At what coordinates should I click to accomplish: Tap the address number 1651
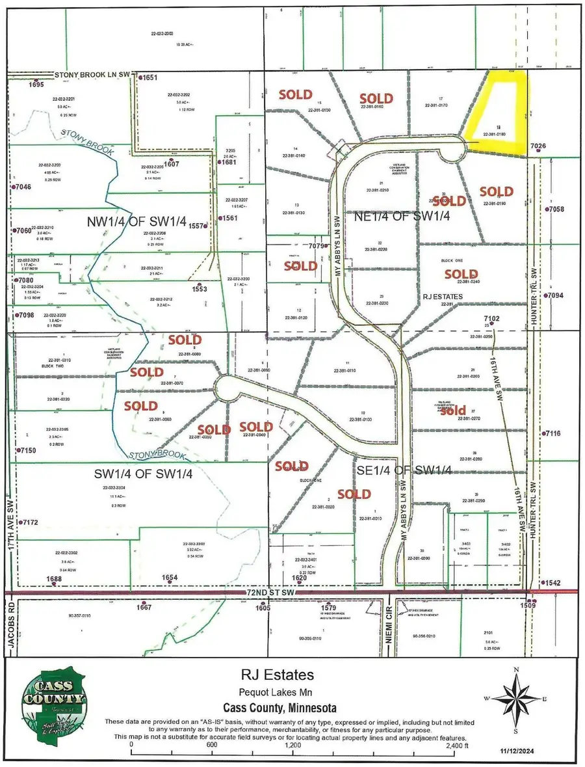tap(150, 77)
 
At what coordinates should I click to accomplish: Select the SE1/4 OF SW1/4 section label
tap(404, 470)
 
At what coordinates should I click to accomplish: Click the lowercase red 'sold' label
tap(453, 410)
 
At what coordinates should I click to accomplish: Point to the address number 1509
tap(528, 605)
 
